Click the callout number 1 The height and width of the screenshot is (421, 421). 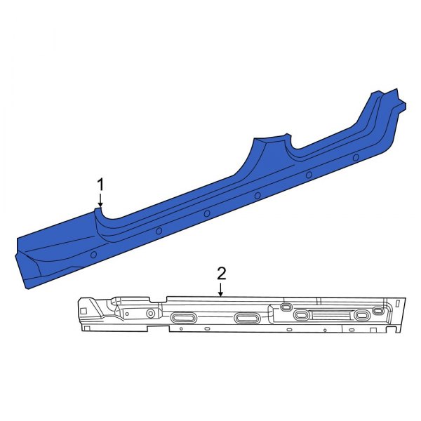tap(100, 185)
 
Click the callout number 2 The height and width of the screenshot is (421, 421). tap(221, 273)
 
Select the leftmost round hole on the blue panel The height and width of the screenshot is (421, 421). tap(94, 254)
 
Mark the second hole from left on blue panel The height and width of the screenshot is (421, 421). tap(159, 230)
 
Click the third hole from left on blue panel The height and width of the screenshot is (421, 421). tap(207, 213)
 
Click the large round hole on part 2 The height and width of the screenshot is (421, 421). tap(150, 313)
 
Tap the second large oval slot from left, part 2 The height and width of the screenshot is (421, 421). tap(247, 319)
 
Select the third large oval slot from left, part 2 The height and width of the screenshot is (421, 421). tap(302, 316)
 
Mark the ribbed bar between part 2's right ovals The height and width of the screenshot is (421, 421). tap(332, 315)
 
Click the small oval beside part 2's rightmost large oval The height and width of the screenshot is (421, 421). tap(378, 310)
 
